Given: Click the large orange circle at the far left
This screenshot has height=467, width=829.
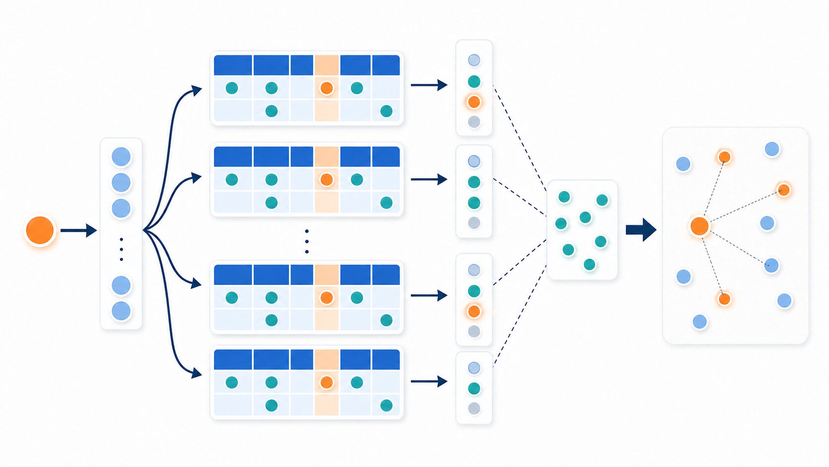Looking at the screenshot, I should coord(40,230).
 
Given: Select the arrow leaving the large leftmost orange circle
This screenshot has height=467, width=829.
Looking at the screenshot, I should coord(78,230).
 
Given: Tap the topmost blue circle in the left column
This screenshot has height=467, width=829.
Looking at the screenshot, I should coord(121,157).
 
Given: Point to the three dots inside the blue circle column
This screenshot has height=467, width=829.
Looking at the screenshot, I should coord(121,249).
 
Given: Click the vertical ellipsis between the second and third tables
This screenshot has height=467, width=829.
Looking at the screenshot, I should coord(307,241).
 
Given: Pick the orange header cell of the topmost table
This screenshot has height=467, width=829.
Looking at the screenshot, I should coord(326,65).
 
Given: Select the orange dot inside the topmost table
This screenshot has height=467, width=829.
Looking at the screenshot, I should coord(326,88).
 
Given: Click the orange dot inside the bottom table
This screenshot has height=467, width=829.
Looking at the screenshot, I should coord(326,382).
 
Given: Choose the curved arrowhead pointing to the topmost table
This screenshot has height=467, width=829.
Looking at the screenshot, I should coord(197,90).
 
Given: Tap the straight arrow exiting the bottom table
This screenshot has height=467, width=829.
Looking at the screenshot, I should coord(429,381).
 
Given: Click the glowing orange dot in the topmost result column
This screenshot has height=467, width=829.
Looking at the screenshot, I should coord(474,102).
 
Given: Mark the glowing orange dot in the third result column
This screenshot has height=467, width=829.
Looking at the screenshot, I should coord(474,311).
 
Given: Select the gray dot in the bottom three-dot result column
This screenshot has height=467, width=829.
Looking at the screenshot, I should coord(474,408).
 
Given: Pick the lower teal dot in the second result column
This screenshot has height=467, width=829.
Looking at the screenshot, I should coord(474,202).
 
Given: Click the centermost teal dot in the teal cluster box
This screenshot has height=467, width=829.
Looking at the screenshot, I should coord(585,217).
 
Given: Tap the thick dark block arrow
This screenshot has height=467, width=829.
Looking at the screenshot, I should coord(641,230).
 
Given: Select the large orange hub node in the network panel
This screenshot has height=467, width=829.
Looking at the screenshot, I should coord(699,226).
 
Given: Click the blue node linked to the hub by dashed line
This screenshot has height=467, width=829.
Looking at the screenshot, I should coord(771,266).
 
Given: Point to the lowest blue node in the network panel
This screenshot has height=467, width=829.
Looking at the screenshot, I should coord(700,322).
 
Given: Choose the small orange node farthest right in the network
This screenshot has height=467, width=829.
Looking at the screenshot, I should coord(783,190).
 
